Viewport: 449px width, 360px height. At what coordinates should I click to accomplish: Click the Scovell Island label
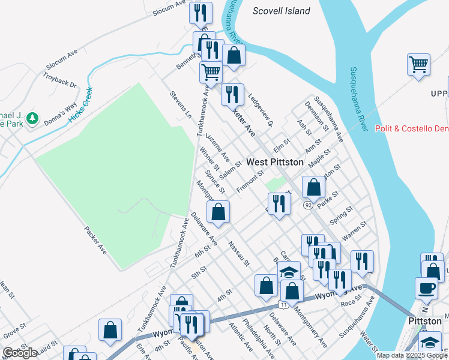click(x=281, y=11)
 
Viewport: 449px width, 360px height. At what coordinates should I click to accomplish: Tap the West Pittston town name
click(x=275, y=162)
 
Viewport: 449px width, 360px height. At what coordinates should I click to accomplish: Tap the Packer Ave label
click(x=95, y=240)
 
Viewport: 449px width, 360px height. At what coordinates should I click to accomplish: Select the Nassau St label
click(x=238, y=254)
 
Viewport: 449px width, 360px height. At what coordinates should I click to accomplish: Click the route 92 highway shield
click(x=308, y=205)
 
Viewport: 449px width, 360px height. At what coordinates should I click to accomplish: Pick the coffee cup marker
click(x=426, y=288)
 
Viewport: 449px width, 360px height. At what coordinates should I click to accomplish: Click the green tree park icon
click(x=32, y=118)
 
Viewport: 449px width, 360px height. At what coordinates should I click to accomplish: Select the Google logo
click(x=20, y=353)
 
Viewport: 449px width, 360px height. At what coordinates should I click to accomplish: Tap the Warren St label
click(x=354, y=229)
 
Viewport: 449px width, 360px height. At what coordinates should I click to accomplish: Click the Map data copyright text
click(x=411, y=355)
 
